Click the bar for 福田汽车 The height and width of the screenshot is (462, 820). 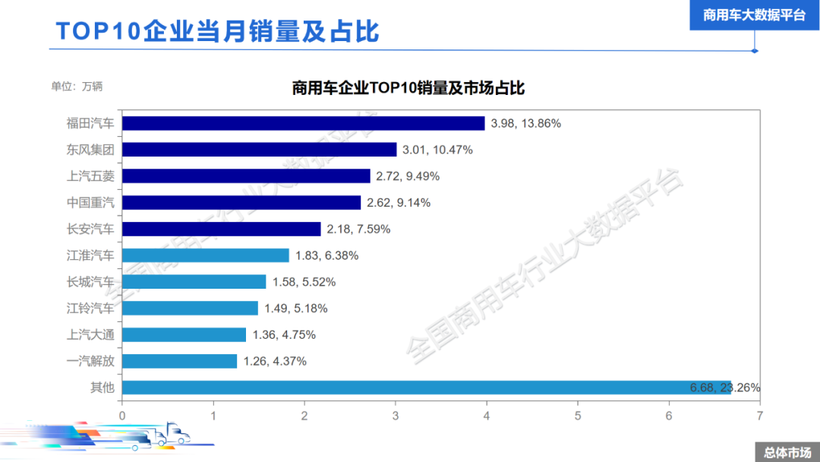pyautogui.click(x=303, y=123)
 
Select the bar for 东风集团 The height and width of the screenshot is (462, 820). pyautogui.click(x=259, y=150)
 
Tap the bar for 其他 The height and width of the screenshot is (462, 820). pyautogui.click(x=426, y=388)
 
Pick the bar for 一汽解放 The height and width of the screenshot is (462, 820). pyautogui.click(x=179, y=361)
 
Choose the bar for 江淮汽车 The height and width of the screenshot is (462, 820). pyautogui.click(x=205, y=255)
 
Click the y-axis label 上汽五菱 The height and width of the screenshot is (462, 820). pyautogui.click(x=90, y=176)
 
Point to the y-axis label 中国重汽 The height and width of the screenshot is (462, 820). pyautogui.click(x=90, y=203)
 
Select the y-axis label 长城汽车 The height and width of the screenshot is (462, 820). pyautogui.click(x=90, y=282)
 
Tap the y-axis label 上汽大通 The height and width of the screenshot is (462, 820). pyautogui.click(x=90, y=334)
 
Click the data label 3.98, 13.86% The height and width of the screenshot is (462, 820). pyautogui.click(x=526, y=123)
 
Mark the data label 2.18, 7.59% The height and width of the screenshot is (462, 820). pyautogui.click(x=359, y=229)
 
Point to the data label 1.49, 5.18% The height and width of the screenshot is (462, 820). pyautogui.click(x=296, y=309)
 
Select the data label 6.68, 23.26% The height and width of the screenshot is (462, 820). pyautogui.click(x=725, y=388)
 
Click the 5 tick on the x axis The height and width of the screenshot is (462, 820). pyautogui.click(x=578, y=416)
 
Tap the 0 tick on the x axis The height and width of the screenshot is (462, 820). pyautogui.click(x=122, y=416)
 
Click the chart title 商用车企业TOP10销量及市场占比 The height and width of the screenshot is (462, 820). pyautogui.click(x=408, y=88)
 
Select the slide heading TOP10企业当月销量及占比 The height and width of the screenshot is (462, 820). pyautogui.click(x=217, y=32)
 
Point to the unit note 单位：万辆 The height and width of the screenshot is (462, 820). pyautogui.click(x=77, y=86)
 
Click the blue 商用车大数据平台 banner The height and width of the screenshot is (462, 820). pyautogui.click(x=754, y=15)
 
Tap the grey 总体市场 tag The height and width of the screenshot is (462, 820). pyautogui.click(x=787, y=452)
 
